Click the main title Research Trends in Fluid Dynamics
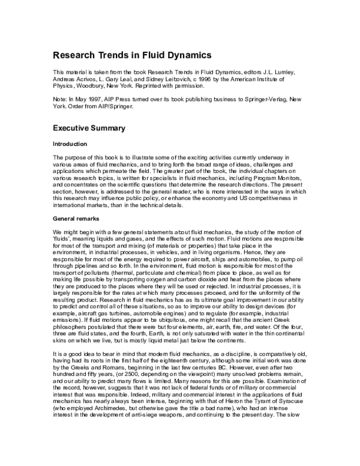(132, 55)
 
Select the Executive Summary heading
(89, 128)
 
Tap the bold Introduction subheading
(70, 144)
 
